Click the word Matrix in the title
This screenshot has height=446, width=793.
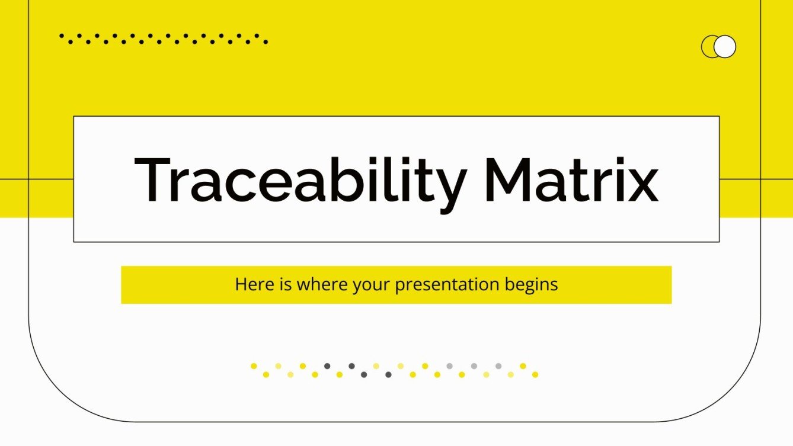(571, 179)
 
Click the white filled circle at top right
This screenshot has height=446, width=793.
(725, 47)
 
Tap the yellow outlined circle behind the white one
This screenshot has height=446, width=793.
(708, 47)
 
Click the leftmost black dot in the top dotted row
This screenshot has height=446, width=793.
(62, 36)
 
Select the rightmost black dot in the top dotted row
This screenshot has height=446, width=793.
(266, 42)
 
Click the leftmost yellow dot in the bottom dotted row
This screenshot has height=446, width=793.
(254, 366)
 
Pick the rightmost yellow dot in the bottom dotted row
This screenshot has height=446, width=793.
(535, 374)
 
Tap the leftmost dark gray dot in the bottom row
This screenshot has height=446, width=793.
(327, 366)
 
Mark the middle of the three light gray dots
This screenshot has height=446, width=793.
(474, 366)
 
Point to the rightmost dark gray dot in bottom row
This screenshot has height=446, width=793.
(388, 374)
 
